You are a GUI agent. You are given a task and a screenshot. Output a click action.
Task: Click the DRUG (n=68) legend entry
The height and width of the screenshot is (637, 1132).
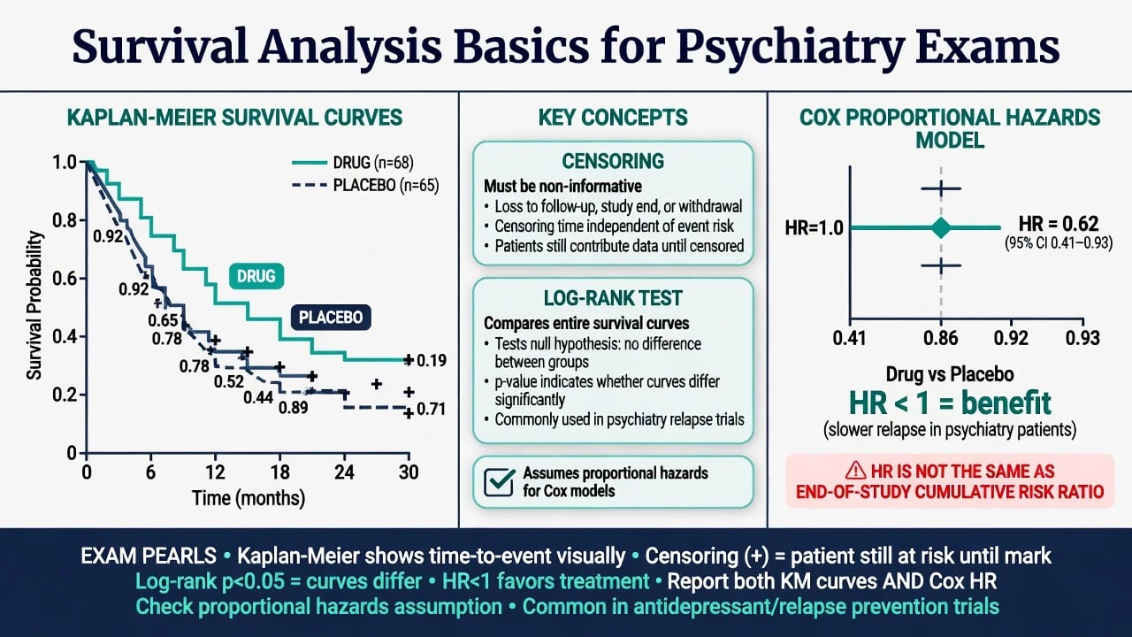[353, 163]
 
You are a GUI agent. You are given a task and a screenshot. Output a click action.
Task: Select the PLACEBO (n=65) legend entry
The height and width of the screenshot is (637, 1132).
[365, 186]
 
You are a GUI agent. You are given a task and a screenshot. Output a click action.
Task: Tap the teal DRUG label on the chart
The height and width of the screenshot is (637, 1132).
[256, 276]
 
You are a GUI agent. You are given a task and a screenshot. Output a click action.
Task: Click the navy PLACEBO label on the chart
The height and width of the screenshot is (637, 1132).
[331, 318]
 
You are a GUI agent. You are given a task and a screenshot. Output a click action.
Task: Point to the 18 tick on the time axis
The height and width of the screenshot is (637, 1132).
[280, 472]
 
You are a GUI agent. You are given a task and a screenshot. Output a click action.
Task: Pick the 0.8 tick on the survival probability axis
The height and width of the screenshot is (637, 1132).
[65, 220]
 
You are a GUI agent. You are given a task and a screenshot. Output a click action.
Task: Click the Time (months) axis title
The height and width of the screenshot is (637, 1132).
[249, 498]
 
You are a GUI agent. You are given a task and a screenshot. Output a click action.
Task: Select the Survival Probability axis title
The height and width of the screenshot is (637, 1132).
[34, 305]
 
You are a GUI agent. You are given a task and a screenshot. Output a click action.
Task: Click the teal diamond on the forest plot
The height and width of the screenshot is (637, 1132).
[941, 228]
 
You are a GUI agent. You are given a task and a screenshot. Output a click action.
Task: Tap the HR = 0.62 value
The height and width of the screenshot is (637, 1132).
[1059, 224]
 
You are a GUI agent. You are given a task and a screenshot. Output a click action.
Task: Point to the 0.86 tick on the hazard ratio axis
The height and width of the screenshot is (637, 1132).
[940, 338]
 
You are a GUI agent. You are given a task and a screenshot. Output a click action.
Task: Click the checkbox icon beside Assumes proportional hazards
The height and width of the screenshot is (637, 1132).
[500, 482]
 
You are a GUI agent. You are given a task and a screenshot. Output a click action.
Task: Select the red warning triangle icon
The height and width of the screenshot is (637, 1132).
[855, 471]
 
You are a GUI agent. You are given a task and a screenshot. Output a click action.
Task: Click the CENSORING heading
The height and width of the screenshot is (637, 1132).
[613, 161]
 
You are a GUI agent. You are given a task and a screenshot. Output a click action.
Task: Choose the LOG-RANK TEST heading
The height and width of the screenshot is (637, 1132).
[613, 298]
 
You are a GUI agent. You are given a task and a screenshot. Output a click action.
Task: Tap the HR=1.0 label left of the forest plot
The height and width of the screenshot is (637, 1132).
[815, 228]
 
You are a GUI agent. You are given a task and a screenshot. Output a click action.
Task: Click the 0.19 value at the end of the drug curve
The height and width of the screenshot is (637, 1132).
[432, 360]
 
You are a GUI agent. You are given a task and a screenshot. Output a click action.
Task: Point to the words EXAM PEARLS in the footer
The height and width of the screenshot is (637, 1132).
[149, 556]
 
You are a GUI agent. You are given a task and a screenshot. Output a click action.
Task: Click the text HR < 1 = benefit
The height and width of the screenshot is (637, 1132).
[950, 403]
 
